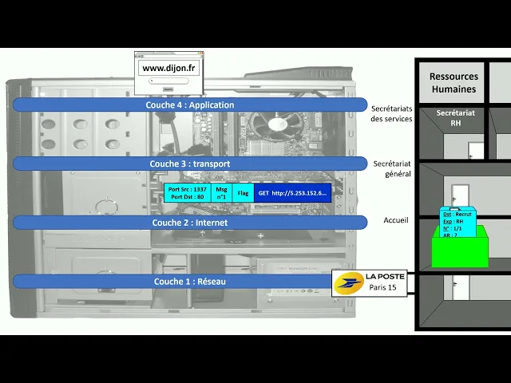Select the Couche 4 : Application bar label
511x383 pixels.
pos(189,105)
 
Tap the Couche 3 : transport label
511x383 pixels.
pos(189,164)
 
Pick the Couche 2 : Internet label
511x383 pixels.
pos(189,223)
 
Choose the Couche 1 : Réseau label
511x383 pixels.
pos(189,281)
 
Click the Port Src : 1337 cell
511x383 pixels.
pos(188,193)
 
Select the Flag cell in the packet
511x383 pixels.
pos(243,193)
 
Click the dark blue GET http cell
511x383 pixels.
pos(292,193)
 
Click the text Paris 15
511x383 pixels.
pos(382,288)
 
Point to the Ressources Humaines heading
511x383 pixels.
pos(454,83)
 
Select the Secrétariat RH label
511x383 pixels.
pos(455,118)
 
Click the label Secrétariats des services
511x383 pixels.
pos(391,113)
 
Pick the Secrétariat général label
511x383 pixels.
pos(391,168)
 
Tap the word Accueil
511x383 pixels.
pos(396,220)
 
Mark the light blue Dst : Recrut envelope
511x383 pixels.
pos(458,224)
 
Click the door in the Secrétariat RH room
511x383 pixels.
pos(476,151)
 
